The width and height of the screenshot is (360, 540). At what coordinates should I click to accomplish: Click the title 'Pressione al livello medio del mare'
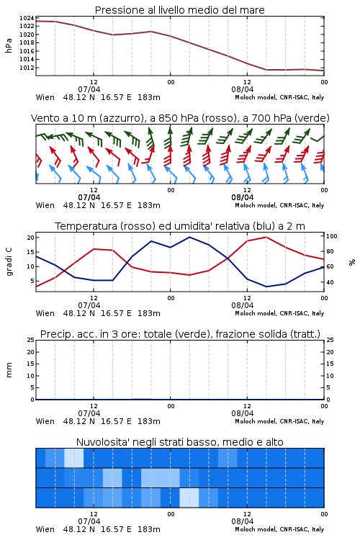coord(179,10)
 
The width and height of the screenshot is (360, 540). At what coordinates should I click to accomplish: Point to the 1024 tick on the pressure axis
coord(27,18)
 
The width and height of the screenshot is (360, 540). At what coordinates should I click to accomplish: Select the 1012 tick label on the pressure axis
coord(27,68)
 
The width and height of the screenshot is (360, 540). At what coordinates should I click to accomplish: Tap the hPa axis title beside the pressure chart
coord(9,45)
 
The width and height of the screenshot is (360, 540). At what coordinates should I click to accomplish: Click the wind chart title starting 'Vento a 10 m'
coord(180,118)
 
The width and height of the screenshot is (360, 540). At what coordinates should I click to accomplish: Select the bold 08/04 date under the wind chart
coord(243,197)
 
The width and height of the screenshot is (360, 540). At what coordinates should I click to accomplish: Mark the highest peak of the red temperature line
coord(266,237)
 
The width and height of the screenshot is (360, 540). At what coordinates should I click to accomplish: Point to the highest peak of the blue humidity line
coord(190,237)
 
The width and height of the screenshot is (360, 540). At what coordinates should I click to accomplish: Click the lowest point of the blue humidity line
coord(266,287)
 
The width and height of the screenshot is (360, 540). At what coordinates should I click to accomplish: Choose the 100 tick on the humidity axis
coord(332,236)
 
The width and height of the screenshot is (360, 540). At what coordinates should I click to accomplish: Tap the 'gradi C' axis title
coord(9,261)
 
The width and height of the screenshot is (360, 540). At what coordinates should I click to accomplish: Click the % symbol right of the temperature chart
coord(352,262)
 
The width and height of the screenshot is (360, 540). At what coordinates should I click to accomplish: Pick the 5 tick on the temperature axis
coord(32,281)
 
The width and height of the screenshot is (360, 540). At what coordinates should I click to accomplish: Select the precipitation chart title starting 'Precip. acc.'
coord(180,334)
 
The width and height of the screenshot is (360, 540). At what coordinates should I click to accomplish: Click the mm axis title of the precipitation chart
coord(9,370)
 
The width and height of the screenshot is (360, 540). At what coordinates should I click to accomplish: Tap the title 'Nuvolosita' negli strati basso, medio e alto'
coord(179,442)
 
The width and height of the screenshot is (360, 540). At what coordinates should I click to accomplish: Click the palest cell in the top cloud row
coord(74,458)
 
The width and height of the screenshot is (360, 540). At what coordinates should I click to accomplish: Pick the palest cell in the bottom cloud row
coord(189,498)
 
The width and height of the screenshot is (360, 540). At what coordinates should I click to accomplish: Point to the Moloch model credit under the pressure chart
coord(279,97)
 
